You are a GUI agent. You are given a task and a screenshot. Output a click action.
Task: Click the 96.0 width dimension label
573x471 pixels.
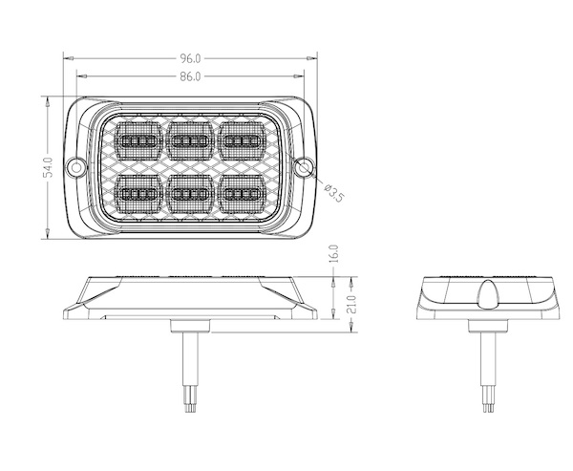click(x=190, y=58)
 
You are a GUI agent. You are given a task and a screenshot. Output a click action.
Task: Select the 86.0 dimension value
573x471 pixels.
click(x=190, y=76)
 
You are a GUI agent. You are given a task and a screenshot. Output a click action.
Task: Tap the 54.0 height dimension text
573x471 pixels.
click(x=49, y=167)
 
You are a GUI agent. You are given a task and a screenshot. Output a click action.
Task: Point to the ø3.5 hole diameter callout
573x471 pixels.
click(x=334, y=193)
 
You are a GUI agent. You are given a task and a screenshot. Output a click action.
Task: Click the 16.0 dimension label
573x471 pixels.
click(x=333, y=254)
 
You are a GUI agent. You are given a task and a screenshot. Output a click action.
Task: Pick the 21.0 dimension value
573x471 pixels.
click(x=351, y=304)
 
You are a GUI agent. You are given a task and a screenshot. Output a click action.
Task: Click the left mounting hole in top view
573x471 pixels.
click(x=76, y=167)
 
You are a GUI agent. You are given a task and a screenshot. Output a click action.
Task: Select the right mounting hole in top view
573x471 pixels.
click(x=304, y=168)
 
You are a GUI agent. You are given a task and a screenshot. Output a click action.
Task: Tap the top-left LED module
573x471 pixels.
click(x=138, y=140)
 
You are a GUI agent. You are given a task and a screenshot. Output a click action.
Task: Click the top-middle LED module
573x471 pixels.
click(x=190, y=140)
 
